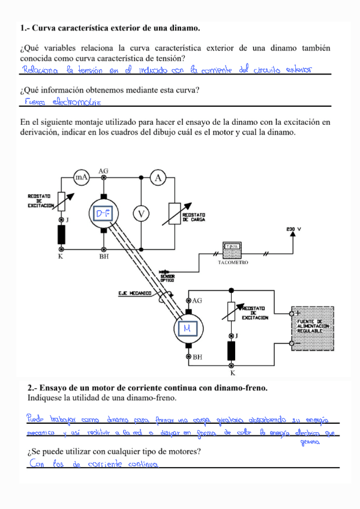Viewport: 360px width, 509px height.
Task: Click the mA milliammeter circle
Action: (81, 178)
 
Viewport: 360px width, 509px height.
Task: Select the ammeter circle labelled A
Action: (157, 178)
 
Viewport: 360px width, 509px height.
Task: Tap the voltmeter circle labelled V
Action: (141, 214)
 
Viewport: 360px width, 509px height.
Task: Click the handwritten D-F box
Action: (104, 214)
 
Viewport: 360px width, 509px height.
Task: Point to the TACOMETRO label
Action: (232, 263)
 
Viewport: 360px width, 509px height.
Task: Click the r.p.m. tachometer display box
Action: (232, 247)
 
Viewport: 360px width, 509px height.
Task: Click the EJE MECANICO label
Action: (135, 294)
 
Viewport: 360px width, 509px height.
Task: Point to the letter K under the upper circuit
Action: (61, 256)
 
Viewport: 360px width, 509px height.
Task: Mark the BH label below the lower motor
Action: (197, 357)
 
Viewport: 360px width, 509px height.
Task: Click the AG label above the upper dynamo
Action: (103, 171)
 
